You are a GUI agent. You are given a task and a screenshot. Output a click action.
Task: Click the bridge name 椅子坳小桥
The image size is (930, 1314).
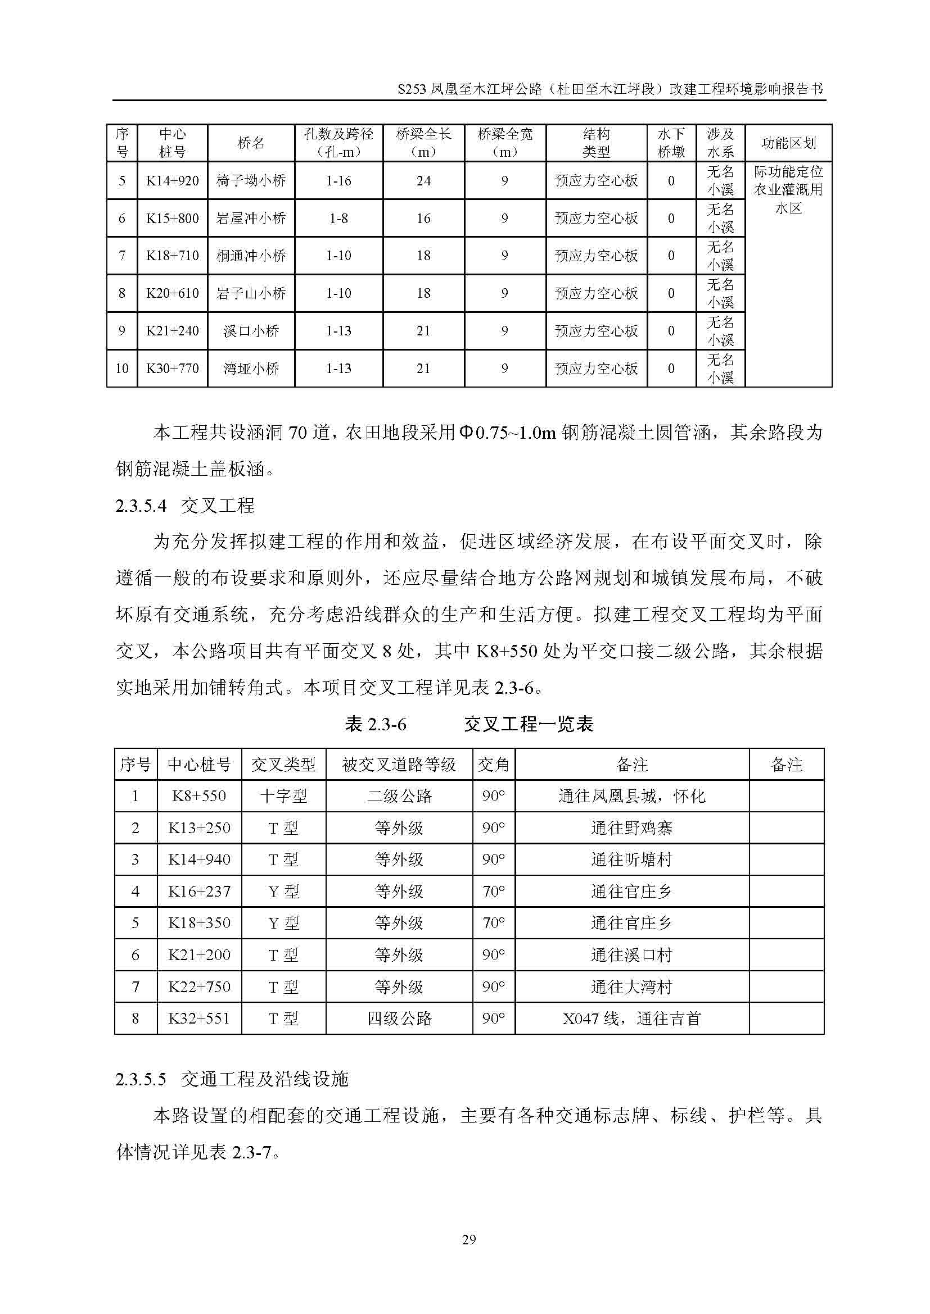click(251, 181)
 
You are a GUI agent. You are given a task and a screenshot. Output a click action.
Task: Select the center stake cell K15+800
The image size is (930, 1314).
click(173, 219)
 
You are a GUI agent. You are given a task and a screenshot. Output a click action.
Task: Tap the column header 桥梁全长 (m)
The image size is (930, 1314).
click(424, 143)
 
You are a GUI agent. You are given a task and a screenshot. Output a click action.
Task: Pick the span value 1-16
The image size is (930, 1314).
click(338, 181)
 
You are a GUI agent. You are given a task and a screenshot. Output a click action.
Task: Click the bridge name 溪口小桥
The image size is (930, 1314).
click(251, 331)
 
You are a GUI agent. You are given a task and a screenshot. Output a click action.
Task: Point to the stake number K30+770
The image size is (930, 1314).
click(173, 369)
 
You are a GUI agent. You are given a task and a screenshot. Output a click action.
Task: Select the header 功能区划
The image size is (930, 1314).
click(788, 143)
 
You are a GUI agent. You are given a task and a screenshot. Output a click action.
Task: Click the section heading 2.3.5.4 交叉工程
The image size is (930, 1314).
click(185, 506)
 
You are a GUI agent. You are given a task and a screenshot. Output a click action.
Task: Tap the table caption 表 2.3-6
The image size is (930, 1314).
click(376, 725)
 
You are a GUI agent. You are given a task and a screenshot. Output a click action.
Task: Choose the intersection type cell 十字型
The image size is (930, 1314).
click(283, 796)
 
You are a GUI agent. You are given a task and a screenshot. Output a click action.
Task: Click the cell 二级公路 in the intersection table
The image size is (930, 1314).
click(399, 796)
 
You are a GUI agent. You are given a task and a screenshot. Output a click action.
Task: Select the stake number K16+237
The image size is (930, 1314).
click(199, 891)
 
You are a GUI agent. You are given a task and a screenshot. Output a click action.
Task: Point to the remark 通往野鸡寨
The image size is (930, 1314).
click(631, 828)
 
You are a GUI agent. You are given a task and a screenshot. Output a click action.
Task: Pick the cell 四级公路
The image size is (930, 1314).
click(399, 1018)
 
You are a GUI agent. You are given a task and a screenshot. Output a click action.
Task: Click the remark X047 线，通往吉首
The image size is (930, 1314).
click(631, 1018)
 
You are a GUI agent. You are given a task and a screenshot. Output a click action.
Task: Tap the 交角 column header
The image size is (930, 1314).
click(494, 765)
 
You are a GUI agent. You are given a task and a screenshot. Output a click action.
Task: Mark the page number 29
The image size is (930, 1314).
click(468, 1240)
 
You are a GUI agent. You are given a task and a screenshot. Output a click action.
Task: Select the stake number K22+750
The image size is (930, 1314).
click(199, 986)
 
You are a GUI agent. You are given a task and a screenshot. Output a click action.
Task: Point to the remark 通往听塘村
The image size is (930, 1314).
click(631, 860)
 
